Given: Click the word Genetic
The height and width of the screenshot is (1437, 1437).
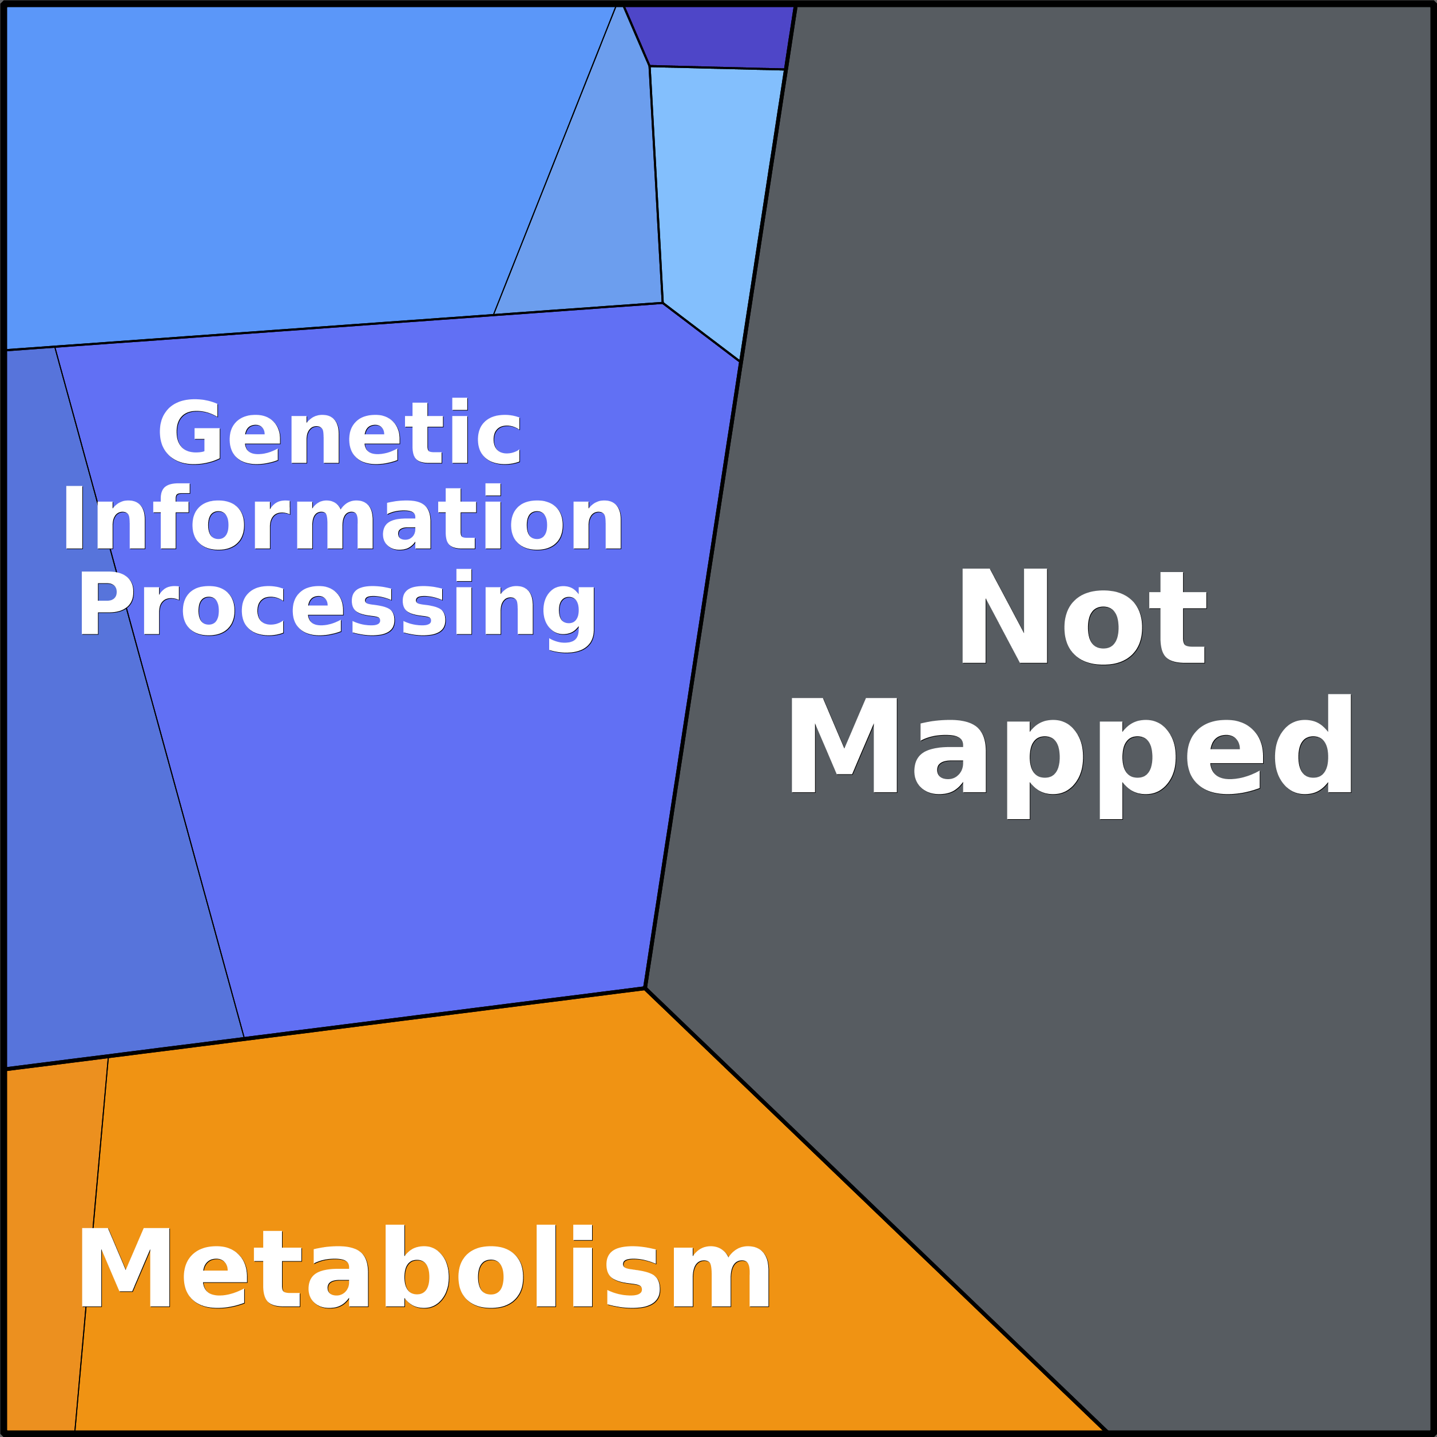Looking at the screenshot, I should tap(339, 432).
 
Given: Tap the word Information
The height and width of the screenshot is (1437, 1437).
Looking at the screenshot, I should tap(342, 518).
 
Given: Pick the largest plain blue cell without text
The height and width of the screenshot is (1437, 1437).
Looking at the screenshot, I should tap(283, 164).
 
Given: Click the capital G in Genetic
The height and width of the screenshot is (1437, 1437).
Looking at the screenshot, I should tap(189, 432).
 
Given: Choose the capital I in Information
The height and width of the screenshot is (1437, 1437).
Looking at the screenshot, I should tap(73, 518).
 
